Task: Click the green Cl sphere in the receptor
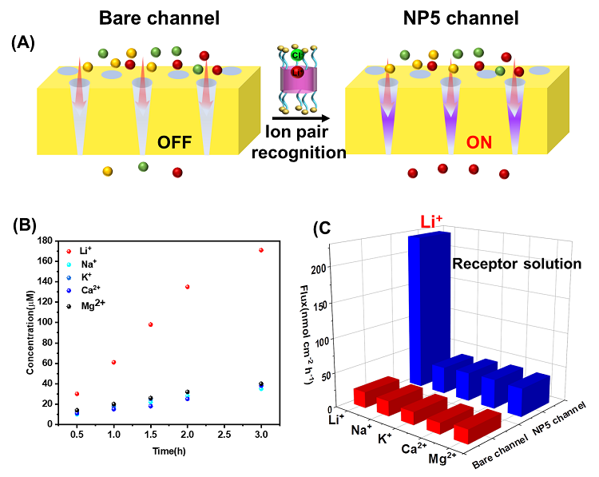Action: (296, 55)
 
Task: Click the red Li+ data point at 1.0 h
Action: (113, 362)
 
